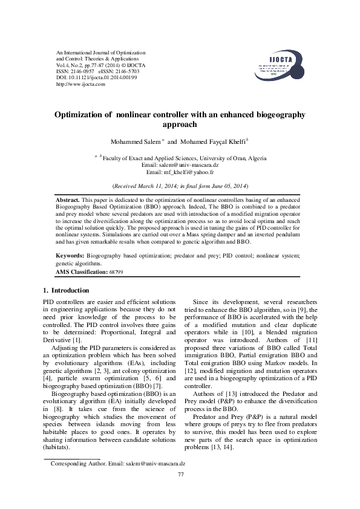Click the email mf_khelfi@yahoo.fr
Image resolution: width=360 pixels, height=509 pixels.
point(190,171)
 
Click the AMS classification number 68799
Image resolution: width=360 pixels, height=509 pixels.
point(117,273)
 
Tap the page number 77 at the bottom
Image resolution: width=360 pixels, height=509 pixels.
point(180,474)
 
